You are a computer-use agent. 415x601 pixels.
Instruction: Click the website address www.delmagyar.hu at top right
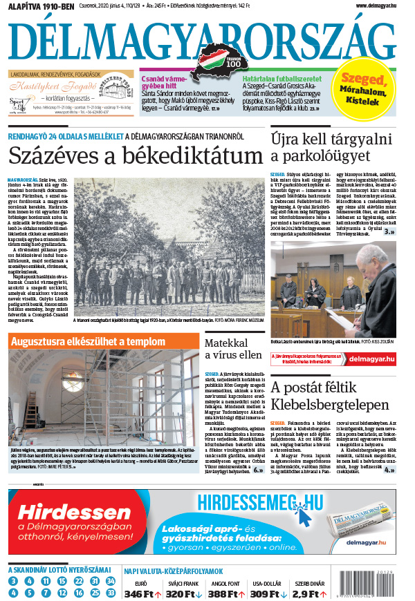coord(376,6)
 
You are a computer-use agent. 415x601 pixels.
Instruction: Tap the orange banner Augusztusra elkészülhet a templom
coord(88,341)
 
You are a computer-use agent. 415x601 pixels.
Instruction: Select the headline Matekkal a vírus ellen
coord(232,348)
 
